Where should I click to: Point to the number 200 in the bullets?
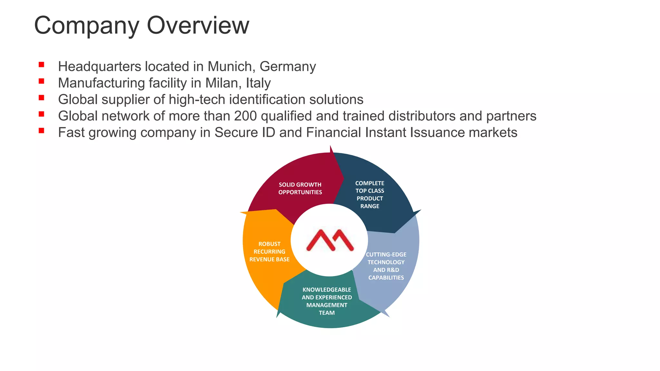tap(246, 116)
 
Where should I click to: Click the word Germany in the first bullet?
tap(287, 67)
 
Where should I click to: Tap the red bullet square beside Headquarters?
tap(41, 65)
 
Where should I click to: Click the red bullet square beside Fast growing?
tap(41, 130)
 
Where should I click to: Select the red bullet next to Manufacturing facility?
tap(41, 81)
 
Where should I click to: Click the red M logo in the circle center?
tap(330, 240)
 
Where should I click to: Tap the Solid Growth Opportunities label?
tap(300, 188)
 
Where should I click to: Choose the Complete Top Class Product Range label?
tap(370, 195)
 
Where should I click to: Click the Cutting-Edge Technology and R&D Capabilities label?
tap(386, 266)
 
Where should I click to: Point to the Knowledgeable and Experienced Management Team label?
tap(327, 301)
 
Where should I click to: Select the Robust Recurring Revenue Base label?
tap(269, 252)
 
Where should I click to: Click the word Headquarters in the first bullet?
tap(100, 67)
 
